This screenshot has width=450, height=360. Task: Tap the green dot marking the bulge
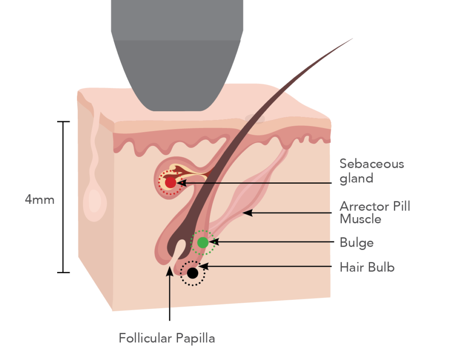(x=203, y=242)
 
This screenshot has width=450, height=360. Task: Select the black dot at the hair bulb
(x=192, y=273)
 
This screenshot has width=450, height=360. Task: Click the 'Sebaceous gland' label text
(x=371, y=171)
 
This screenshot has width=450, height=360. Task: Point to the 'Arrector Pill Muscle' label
(x=375, y=212)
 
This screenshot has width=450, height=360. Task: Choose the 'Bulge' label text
(x=356, y=243)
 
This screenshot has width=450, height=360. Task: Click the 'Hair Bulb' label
(x=367, y=267)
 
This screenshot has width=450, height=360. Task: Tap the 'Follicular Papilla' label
(x=167, y=338)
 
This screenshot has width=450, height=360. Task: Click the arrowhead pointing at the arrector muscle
(x=247, y=213)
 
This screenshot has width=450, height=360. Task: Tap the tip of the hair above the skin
(x=352, y=39)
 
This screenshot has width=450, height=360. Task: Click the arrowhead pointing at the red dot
(x=181, y=183)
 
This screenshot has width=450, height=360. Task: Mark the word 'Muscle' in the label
(x=360, y=219)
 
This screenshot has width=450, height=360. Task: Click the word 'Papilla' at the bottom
(x=196, y=338)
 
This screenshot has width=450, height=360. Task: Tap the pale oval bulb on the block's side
(x=94, y=200)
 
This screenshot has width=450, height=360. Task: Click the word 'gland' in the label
(x=356, y=178)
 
